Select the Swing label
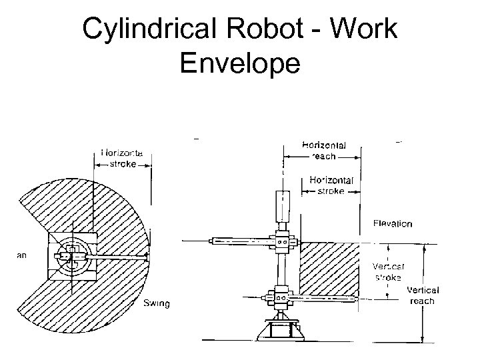[157, 304]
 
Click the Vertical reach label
[422, 295]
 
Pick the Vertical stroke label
[386, 270]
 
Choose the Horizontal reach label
[323, 150]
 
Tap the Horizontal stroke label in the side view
[331, 185]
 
